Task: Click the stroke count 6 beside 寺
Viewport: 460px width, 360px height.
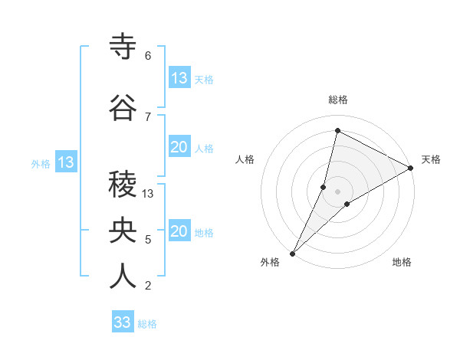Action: tap(148, 55)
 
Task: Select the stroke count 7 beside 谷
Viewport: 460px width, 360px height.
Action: tap(148, 116)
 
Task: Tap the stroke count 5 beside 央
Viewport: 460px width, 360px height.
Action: tap(148, 240)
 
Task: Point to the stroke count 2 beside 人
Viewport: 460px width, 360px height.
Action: tap(148, 286)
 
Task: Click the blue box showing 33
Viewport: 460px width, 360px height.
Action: tap(123, 322)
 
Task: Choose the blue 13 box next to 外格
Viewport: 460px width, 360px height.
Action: tap(66, 162)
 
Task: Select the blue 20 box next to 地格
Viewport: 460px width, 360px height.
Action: tap(179, 232)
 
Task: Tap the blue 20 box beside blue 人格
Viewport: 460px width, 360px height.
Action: tap(179, 148)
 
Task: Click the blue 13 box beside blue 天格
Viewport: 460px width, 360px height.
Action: tap(179, 78)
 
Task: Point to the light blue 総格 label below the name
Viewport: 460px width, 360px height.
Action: tap(148, 324)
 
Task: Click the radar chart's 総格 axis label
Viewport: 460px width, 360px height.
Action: tap(337, 100)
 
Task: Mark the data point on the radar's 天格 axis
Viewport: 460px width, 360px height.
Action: tap(411, 169)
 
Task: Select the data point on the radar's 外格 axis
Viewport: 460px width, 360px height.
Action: tap(292, 254)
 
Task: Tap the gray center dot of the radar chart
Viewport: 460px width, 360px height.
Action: tap(337, 191)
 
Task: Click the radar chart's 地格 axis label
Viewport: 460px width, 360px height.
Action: tap(402, 262)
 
